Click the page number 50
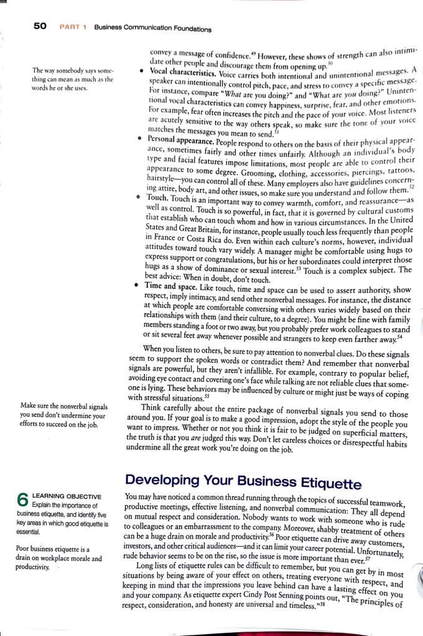click(x=39, y=26)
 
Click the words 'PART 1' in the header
click(x=73, y=27)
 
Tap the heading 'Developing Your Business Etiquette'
click(x=243, y=481)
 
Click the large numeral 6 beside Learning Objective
click(x=23, y=500)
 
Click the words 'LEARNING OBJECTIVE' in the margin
click(x=66, y=497)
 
